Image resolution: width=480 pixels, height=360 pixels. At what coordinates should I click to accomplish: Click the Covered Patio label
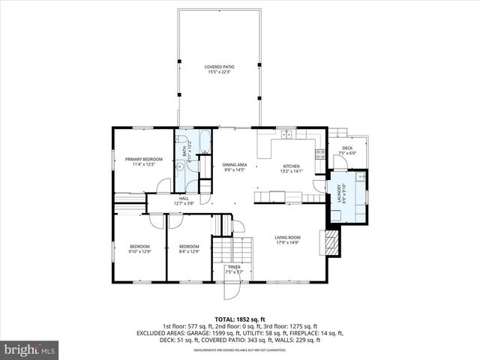[x=219, y=70]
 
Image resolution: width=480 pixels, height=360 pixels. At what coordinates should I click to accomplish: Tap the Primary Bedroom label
[x=143, y=161]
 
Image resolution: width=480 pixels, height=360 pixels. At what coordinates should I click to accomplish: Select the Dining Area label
[x=235, y=166]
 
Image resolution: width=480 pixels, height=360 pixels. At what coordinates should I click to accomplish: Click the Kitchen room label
[x=291, y=168]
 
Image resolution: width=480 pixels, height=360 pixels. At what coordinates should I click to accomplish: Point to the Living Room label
[x=287, y=240]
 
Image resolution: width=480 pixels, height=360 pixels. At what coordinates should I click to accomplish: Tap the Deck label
[x=347, y=150]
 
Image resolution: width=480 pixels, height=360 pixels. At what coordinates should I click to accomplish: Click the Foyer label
[x=234, y=268]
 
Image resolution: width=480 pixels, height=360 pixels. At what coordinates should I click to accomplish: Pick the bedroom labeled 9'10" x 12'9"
[x=140, y=249]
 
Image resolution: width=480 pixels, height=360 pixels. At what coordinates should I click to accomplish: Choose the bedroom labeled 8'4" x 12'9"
[x=189, y=249]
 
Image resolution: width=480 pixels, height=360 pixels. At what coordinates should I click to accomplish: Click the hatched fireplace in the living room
[x=330, y=241]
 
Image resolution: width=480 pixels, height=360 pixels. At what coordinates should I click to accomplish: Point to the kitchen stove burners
[x=320, y=154]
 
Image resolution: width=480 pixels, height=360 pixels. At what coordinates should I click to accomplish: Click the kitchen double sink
[x=286, y=134]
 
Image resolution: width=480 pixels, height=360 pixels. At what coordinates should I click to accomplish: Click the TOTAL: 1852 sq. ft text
[x=239, y=319]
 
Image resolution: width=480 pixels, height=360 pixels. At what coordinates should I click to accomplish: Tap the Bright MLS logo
[x=29, y=349]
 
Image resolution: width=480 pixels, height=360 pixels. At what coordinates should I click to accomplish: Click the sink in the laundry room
[x=360, y=178]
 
